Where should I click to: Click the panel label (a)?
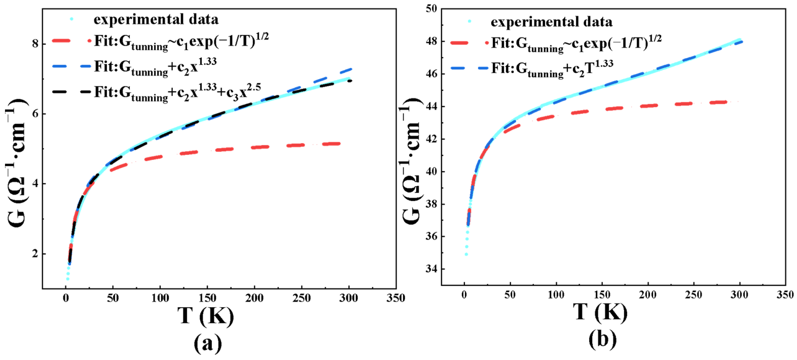pyautogui.click(x=208, y=343)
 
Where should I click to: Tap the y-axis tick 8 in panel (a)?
pyautogui.click(x=35, y=44)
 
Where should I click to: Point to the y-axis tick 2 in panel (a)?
pyautogui.click(x=35, y=254)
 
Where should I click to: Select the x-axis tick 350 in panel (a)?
pyautogui.click(x=396, y=298)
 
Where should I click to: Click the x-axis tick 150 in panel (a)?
pyautogui.click(x=207, y=298)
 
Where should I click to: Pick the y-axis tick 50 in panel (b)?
pyautogui.click(x=431, y=9)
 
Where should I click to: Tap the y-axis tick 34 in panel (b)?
pyautogui.click(x=431, y=269)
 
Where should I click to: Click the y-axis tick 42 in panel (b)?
pyautogui.click(x=431, y=139)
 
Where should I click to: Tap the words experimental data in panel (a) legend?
pyautogui.click(x=156, y=20)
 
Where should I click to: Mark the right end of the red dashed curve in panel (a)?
pyautogui.click(x=340, y=143)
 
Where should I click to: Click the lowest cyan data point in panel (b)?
pyautogui.click(x=466, y=255)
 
